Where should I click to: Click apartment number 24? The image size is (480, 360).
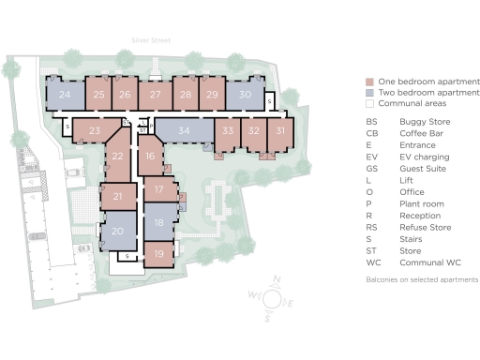64,95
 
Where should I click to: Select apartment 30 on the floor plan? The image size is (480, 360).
244,95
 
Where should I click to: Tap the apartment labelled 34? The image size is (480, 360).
184,130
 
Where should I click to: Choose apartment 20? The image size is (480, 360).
117,231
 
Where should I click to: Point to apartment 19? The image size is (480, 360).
159,253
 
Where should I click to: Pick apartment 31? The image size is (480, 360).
280,132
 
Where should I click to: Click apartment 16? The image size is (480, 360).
151,157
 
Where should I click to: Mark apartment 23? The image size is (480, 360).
94,131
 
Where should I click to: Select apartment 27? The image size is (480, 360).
156,95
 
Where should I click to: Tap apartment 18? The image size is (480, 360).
159,222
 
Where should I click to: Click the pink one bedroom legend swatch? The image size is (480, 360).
371,82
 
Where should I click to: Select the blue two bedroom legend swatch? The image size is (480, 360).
371,94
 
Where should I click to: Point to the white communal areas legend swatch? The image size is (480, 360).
371,105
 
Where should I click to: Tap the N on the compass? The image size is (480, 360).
277,278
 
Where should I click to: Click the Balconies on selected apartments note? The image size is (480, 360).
422,279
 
